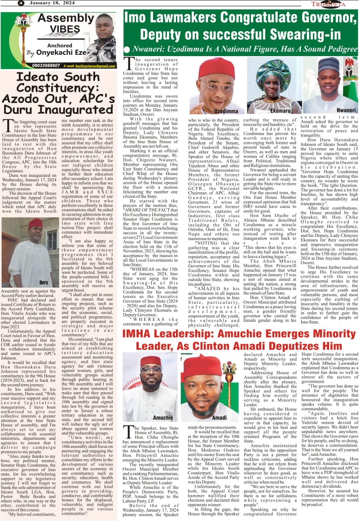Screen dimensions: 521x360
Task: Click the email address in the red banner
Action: click(x=90, y=66)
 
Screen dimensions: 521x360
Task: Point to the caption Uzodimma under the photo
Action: click(x=225, y=110)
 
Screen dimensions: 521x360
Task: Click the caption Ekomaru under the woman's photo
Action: click(x=281, y=110)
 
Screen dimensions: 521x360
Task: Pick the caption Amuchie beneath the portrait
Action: click(x=162, y=417)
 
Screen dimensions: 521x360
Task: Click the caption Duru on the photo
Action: click(x=44, y=282)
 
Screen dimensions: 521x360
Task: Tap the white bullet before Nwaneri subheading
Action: click(x=127, y=49)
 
